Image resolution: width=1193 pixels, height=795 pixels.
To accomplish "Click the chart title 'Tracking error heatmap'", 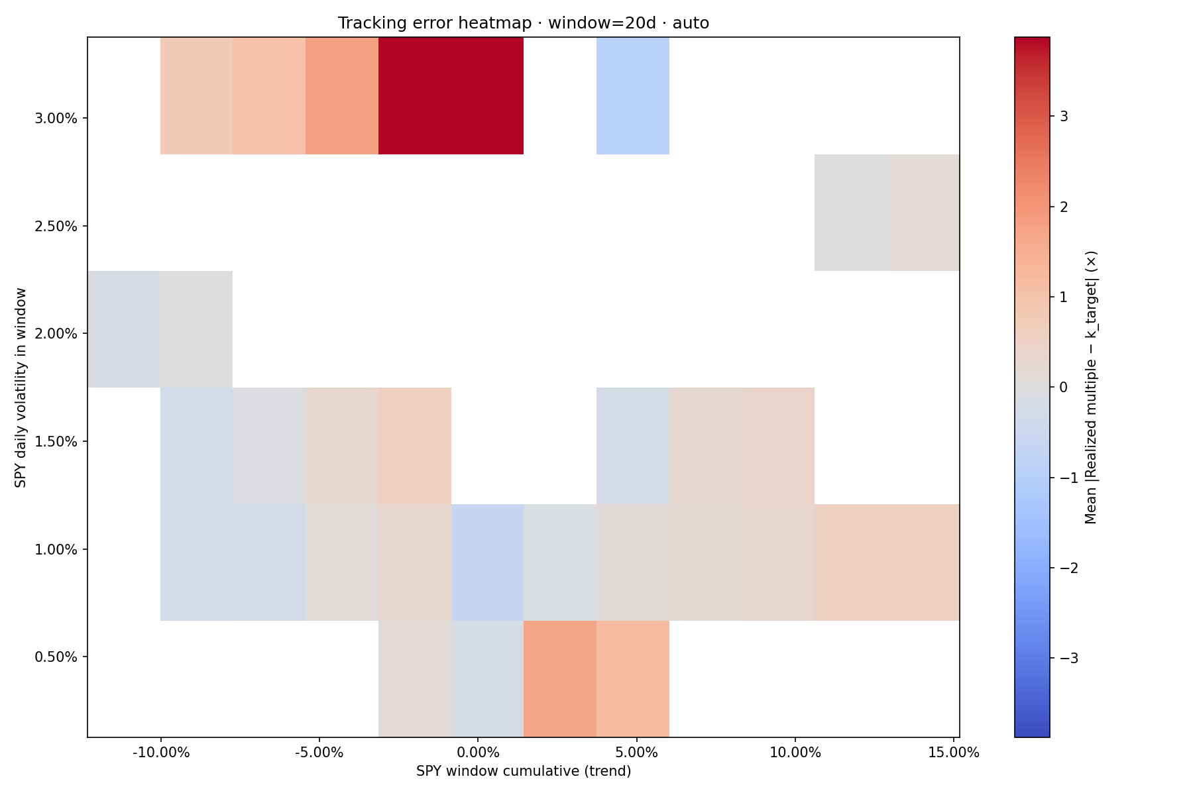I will pyautogui.click(x=523, y=23).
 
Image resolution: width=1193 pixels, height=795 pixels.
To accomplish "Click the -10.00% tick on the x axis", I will pyautogui.click(x=160, y=753).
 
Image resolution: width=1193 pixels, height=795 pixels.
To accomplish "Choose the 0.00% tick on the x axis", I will pyautogui.click(x=477, y=753).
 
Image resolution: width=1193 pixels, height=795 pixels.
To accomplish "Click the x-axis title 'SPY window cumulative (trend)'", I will pyautogui.click(x=524, y=771).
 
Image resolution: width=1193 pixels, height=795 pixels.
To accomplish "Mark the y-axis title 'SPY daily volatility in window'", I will pyautogui.click(x=21, y=388).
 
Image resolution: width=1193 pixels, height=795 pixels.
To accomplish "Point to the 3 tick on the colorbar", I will pyautogui.click(x=1064, y=117).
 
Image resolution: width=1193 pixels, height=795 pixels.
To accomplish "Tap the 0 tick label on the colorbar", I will pyautogui.click(x=1064, y=388).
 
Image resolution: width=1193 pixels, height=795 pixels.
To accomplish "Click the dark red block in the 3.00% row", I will pyautogui.click(x=451, y=96).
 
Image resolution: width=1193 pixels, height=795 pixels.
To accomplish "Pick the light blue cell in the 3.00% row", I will pyautogui.click(x=632, y=96).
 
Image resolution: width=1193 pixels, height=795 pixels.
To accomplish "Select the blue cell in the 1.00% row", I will pyautogui.click(x=487, y=562).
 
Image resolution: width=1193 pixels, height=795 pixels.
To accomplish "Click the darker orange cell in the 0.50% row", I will pyautogui.click(x=560, y=678).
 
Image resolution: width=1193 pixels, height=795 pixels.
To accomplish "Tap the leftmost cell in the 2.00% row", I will pyautogui.click(x=124, y=329).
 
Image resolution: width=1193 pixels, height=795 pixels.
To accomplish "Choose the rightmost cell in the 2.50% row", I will pyautogui.click(x=923, y=213).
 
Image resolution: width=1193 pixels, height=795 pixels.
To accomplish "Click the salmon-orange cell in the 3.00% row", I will pyautogui.click(x=341, y=96).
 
